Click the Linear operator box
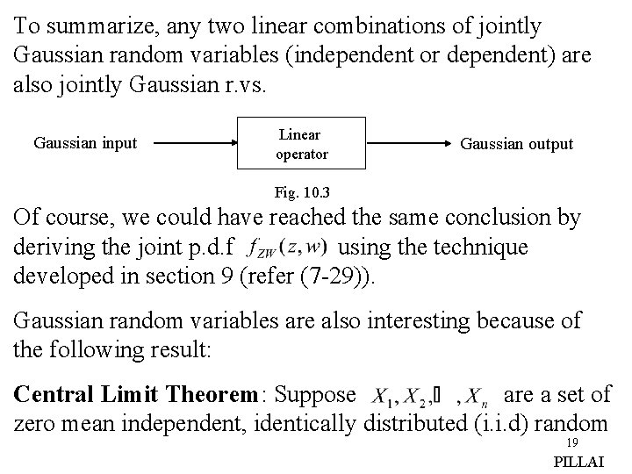click(x=302, y=144)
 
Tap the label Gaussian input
click(x=85, y=143)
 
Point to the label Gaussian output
click(x=517, y=144)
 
